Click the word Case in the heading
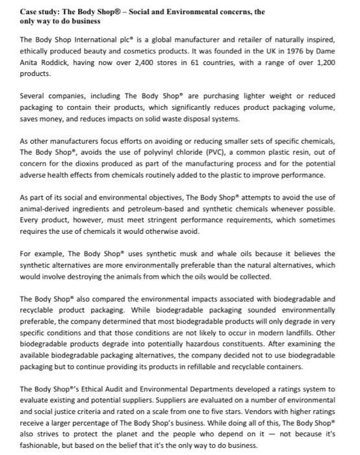pos(29,10)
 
